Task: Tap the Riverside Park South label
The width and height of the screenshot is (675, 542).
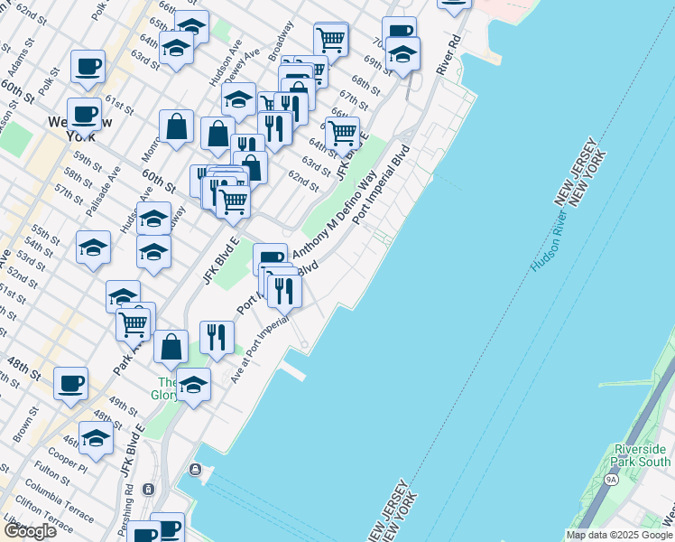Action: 642,455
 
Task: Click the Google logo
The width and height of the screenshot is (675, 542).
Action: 30,531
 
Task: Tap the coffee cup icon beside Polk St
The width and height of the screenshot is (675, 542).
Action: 88,66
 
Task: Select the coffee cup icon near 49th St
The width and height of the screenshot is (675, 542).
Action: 69,383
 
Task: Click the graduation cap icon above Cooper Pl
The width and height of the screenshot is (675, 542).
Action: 96,438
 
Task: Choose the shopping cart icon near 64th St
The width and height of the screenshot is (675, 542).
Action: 342,133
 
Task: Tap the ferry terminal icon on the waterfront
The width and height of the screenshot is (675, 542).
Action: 194,469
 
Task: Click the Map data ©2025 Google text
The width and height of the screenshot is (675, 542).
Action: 618,535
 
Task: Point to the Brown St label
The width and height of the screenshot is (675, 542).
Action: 20,425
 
